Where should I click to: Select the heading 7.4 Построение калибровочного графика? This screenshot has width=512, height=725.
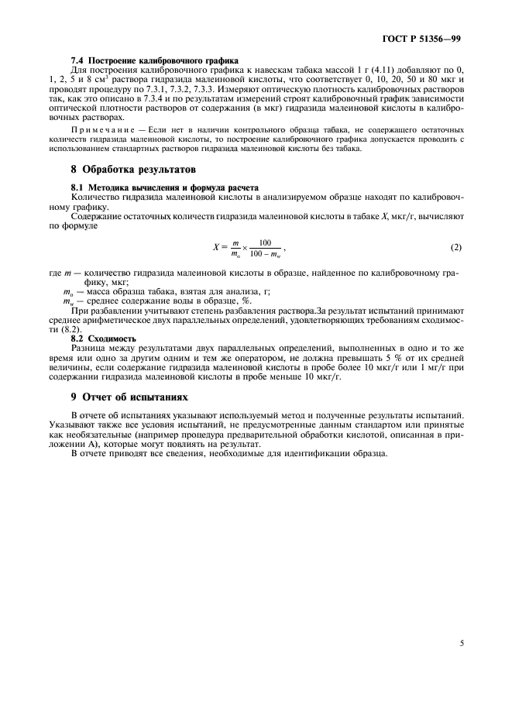point(155,60)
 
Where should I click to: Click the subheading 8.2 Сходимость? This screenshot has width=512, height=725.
point(103,338)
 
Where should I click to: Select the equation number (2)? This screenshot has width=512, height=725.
point(455,247)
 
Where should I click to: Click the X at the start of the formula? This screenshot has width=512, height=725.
point(217,247)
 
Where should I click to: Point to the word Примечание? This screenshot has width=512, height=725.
point(101,129)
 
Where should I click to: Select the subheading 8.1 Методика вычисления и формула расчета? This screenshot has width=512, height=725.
point(164,187)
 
